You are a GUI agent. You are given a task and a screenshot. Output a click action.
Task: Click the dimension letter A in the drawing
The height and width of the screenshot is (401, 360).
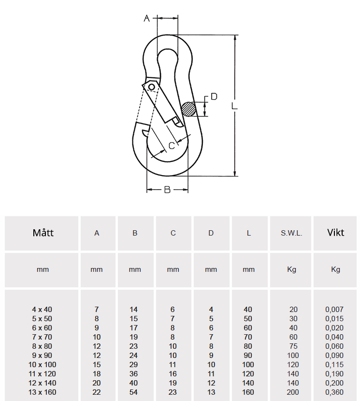(146, 18)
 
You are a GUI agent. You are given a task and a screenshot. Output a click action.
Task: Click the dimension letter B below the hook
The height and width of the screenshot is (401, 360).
(167, 190)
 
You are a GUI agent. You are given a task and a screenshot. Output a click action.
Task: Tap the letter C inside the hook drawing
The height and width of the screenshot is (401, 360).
(172, 146)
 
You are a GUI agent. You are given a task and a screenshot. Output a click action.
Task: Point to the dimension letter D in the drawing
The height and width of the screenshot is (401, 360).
(214, 97)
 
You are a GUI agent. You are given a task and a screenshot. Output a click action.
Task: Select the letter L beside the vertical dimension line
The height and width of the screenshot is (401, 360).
(234, 106)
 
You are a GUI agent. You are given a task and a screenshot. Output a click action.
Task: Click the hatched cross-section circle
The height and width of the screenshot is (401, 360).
(188, 109)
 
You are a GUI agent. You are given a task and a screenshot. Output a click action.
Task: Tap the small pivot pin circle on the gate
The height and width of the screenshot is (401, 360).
(152, 87)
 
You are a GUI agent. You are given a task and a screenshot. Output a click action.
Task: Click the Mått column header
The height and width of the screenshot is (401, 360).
(43, 233)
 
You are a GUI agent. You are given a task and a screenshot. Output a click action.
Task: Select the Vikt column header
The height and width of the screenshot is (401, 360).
(335, 233)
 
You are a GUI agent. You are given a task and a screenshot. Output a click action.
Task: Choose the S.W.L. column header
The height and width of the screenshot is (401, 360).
(291, 233)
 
